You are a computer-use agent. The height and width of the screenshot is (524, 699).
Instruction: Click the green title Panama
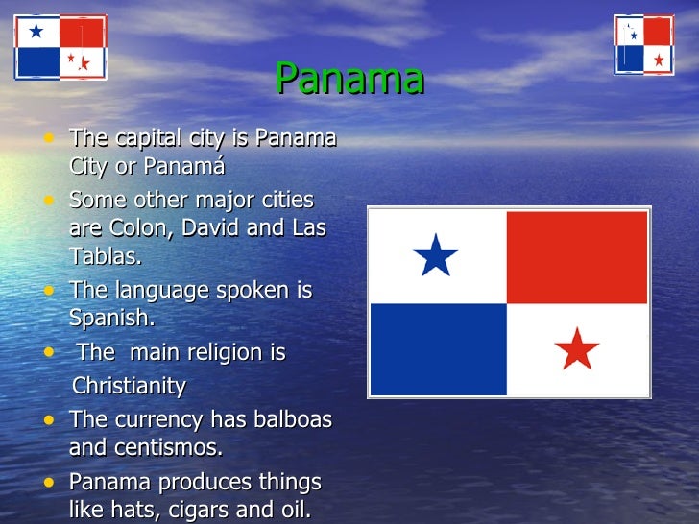(349, 79)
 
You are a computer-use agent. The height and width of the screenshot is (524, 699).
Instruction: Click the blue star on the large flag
(435, 255)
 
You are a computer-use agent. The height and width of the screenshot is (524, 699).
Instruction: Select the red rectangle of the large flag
(576, 257)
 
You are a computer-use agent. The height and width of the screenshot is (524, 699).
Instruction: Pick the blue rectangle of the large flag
(438, 348)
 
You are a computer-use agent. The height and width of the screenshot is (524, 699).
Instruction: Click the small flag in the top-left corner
(60, 47)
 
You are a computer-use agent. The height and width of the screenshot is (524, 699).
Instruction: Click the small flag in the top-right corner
(644, 44)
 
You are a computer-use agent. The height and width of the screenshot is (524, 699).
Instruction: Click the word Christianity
(130, 387)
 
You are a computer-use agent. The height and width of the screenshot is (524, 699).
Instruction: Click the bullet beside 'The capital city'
(49, 138)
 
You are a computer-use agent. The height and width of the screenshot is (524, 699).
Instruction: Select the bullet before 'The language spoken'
(49, 289)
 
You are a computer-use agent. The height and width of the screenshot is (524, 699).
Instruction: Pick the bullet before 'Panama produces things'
(49, 482)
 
